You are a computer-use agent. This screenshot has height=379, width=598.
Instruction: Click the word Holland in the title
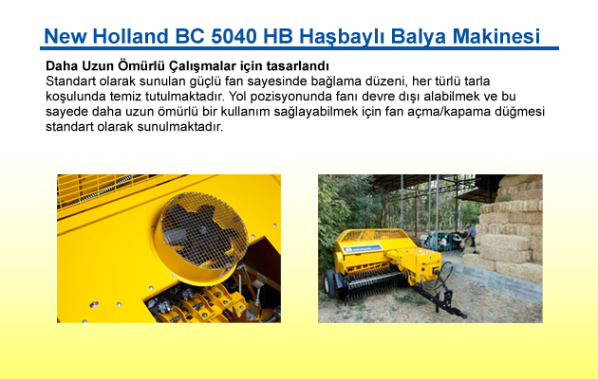130,37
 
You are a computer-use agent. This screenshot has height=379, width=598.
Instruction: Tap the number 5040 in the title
234,37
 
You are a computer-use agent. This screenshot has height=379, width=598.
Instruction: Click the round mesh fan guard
203,231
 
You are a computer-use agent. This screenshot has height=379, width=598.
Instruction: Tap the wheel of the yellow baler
329,283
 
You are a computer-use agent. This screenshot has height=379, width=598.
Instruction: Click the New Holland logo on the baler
363,249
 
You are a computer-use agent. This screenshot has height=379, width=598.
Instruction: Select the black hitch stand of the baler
448,301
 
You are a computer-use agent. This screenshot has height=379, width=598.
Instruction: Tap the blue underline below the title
299,48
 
